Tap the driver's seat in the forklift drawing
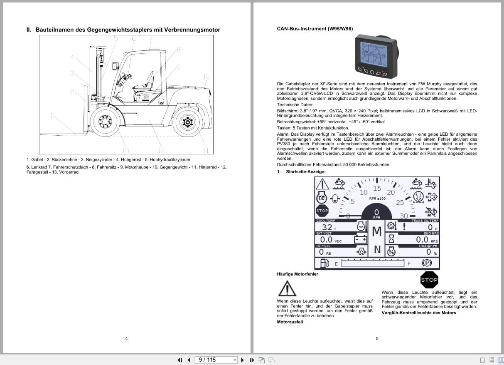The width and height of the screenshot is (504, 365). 145,83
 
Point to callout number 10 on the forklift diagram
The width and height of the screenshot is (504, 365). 206,77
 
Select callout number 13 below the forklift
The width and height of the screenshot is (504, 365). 125,151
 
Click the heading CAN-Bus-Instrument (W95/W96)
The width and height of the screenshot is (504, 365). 315,29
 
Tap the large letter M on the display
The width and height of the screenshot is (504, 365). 376,231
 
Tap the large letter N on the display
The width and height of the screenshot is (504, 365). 377,249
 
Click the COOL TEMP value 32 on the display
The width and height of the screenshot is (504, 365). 327,227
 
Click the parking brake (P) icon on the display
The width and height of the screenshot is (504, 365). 426,263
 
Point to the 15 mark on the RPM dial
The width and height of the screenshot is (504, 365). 377,189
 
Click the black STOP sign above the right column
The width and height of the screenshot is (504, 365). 429,280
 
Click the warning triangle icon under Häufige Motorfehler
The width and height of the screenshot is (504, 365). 287,288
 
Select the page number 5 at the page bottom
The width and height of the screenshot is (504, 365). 377,338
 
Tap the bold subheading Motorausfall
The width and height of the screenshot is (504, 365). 290,322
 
